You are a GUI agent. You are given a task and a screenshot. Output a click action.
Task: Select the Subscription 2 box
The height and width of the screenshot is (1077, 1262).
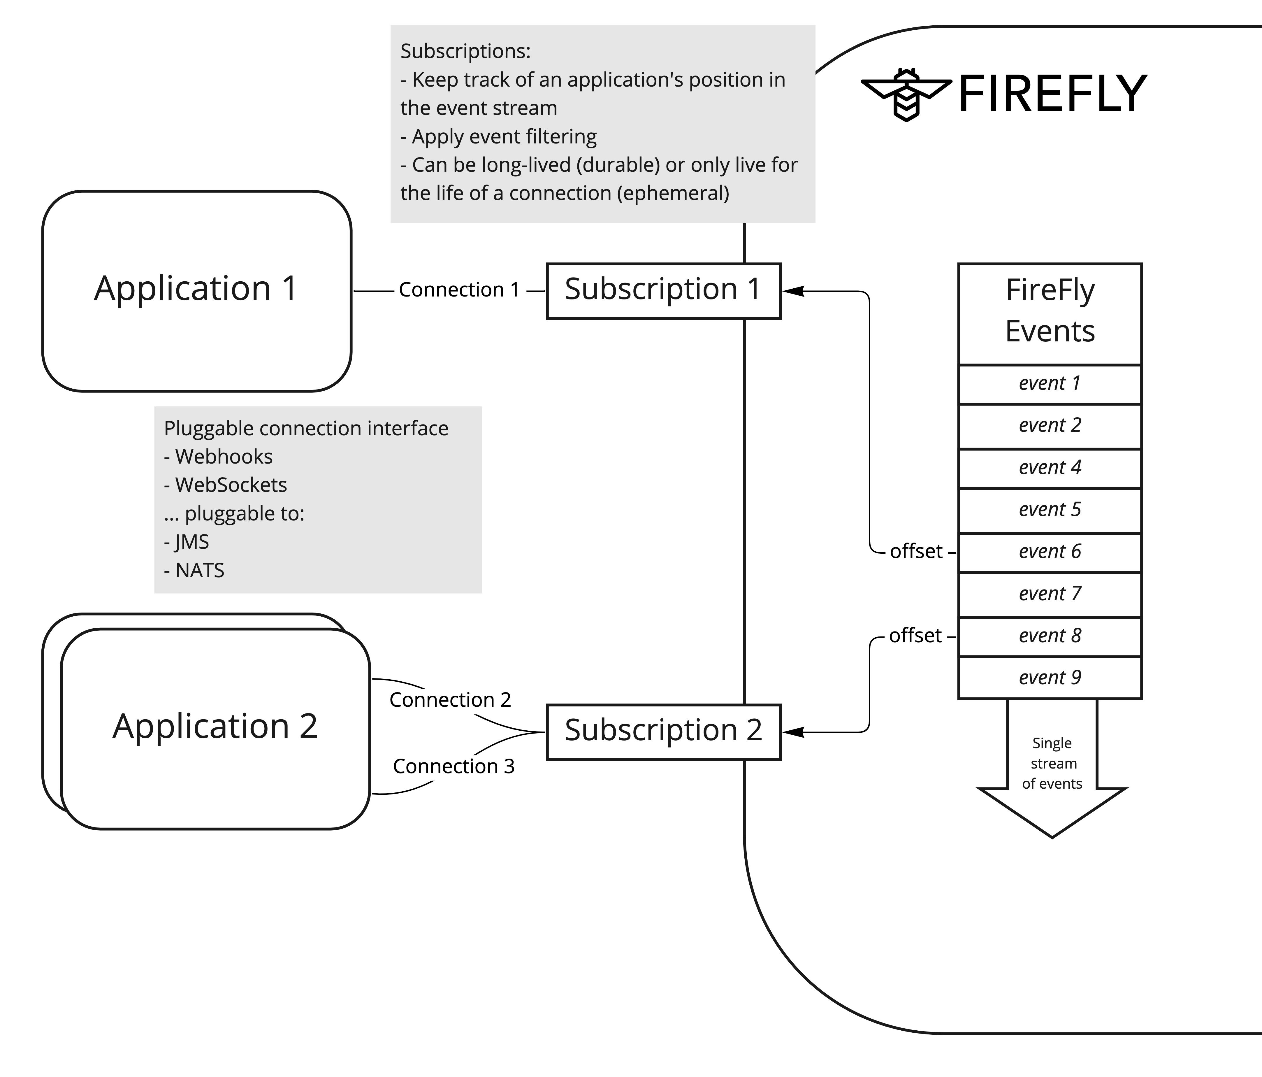[x=663, y=732]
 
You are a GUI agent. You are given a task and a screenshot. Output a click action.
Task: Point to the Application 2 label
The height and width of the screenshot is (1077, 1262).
[x=215, y=726]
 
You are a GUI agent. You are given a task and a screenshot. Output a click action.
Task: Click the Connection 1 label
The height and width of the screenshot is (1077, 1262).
[x=459, y=290]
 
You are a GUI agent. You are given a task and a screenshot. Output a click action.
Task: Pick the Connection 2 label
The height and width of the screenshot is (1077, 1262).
[x=450, y=700]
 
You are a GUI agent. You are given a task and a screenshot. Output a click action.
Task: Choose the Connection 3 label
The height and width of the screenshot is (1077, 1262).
[x=454, y=766]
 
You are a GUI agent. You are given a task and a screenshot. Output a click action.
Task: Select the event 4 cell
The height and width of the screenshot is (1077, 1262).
[x=1050, y=468]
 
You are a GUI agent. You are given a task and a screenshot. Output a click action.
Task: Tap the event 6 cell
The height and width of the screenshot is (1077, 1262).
[x=1050, y=552]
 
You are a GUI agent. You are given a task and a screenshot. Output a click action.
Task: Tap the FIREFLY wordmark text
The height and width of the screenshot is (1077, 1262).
[x=1052, y=94]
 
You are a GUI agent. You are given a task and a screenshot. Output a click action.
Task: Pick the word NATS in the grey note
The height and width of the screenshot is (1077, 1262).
[x=200, y=571]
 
